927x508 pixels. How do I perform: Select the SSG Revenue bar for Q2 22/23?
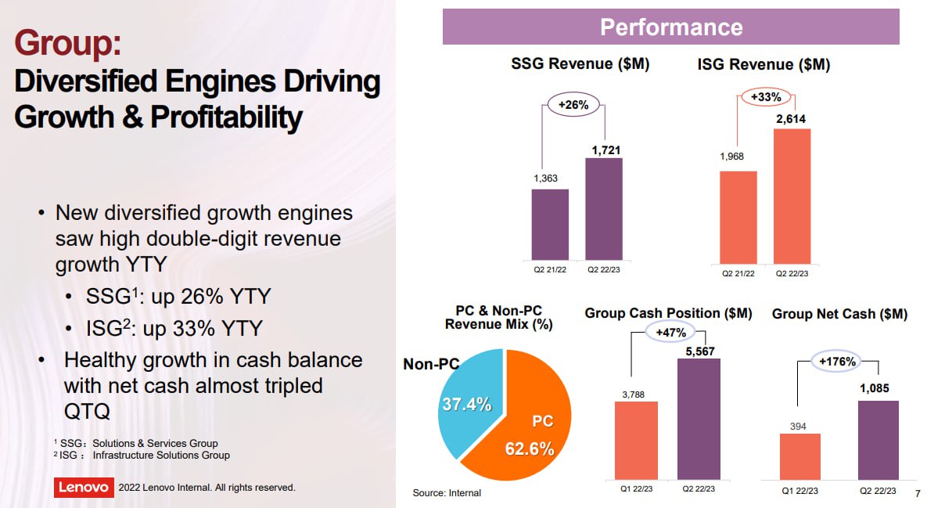[x=604, y=209]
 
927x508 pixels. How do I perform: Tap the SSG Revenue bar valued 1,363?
[x=550, y=225]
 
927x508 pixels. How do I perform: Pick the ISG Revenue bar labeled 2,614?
[x=792, y=196]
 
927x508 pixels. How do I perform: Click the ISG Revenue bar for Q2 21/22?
[x=738, y=218]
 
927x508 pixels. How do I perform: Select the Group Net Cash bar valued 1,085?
[x=878, y=440]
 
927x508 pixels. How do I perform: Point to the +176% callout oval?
[x=837, y=362]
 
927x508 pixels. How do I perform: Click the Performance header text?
[x=671, y=27]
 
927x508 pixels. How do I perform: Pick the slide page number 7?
[x=918, y=493]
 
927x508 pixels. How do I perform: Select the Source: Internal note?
[x=447, y=493]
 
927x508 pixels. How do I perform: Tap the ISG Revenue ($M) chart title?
[x=764, y=65]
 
